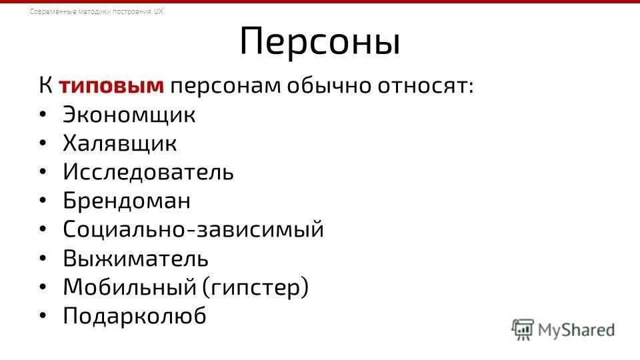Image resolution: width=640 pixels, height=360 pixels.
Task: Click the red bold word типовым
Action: (x=111, y=87)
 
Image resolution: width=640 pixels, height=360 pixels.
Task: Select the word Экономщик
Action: (x=129, y=115)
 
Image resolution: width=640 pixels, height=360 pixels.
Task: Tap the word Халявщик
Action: (x=120, y=143)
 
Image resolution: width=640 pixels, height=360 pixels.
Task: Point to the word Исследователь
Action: (x=149, y=172)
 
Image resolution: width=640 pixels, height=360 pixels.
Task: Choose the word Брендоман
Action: (x=127, y=201)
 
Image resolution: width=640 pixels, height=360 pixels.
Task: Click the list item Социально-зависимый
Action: (x=193, y=229)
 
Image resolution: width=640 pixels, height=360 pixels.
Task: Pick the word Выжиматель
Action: (x=136, y=258)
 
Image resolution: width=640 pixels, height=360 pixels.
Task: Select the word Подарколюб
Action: (x=135, y=316)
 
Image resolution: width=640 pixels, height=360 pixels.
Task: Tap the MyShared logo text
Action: (x=577, y=329)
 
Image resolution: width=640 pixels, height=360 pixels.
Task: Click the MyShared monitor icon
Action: (x=523, y=329)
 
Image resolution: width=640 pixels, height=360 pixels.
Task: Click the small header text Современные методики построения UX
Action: (x=97, y=12)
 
